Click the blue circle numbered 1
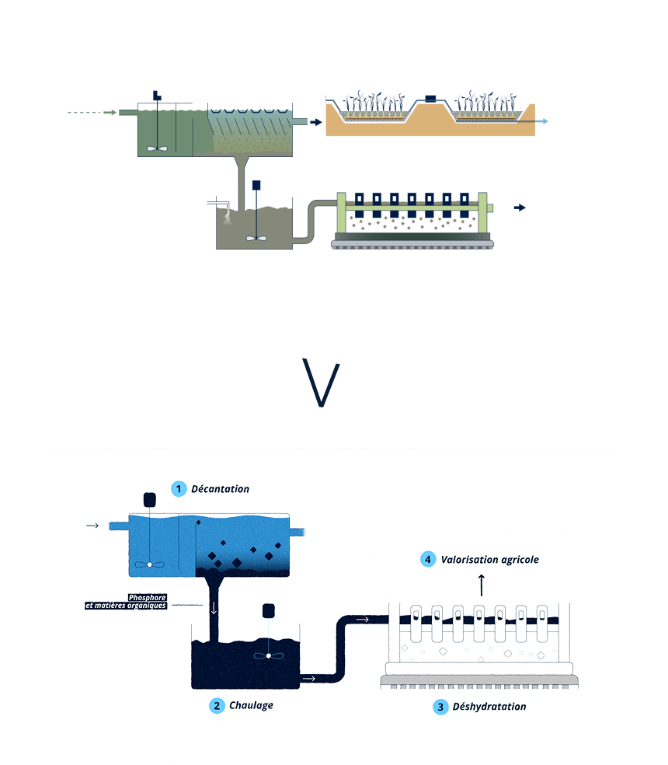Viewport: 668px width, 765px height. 179,489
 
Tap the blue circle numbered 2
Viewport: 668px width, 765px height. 217,706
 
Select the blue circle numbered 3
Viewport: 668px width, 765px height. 440,707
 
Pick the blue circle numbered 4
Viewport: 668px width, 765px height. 428,560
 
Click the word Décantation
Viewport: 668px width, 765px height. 220,489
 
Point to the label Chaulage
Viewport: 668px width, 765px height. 251,705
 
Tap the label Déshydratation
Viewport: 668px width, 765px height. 489,707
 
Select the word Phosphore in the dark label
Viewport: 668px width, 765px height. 148,598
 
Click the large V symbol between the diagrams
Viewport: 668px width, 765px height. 321,382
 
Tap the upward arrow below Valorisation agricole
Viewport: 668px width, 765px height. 482,585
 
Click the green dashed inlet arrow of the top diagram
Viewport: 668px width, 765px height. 92,113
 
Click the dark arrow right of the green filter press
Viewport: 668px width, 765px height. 520,208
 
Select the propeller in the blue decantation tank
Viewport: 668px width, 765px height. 150,564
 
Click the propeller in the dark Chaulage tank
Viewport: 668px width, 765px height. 268,655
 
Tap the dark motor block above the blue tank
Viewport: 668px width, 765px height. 150,500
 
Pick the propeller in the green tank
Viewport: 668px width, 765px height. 157,148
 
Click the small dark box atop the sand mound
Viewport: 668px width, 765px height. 430,99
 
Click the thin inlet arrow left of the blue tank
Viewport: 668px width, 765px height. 92,526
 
